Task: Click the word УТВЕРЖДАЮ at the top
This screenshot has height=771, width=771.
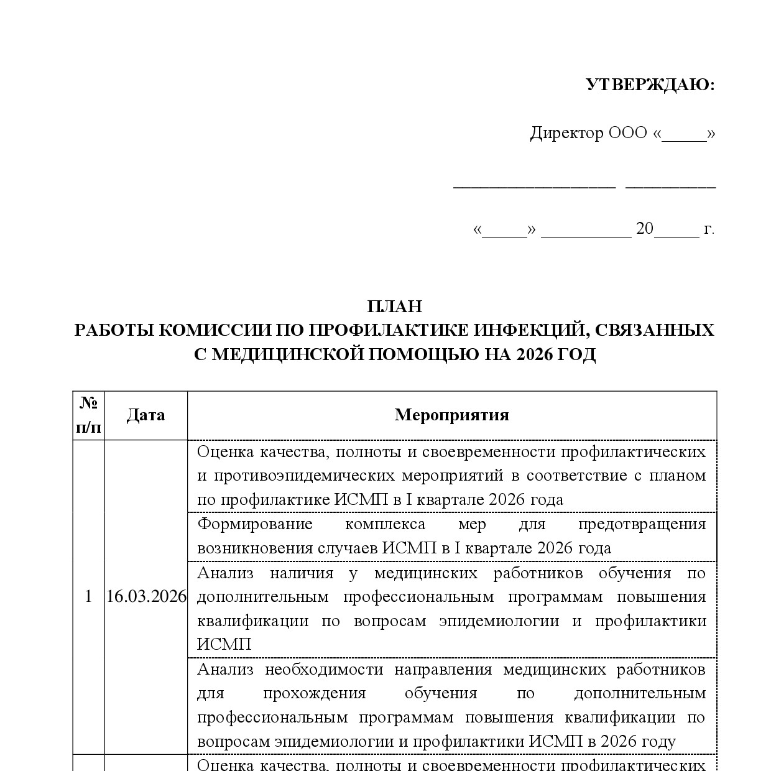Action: [x=650, y=85]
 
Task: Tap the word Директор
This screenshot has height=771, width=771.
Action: [x=566, y=133]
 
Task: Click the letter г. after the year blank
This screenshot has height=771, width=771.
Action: [x=709, y=229]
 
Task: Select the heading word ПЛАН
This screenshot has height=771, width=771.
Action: [x=394, y=307]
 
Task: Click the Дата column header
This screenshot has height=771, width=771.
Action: [x=145, y=415]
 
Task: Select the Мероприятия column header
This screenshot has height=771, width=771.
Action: [x=451, y=415]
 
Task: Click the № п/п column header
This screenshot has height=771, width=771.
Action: [x=89, y=415]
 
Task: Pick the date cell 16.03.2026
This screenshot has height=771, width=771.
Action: [x=146, y=597]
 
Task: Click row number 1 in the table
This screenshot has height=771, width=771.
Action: [x=88, y=597]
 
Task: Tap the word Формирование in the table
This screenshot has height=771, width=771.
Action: [x=255, y=524]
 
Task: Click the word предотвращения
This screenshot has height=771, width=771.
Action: [x=642, y=524]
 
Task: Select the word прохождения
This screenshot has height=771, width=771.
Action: [x=314, y=693]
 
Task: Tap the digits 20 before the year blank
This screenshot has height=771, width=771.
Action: [x=644, y=229]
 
